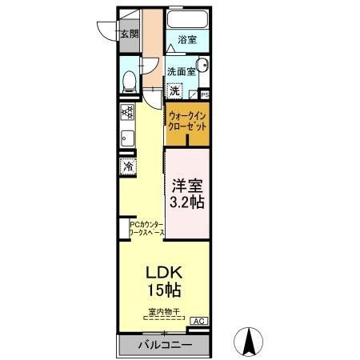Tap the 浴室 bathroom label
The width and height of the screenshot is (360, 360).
coord(186,38)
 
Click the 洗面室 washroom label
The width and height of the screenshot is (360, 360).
coord(181,70)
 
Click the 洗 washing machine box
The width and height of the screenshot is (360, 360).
coord(174,90)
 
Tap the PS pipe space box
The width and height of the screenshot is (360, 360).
coord(205,94)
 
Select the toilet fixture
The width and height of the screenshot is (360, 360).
coord(130,81)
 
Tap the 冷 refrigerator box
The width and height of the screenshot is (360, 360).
coord(128,166)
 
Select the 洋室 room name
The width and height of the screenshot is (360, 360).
coord(188,182)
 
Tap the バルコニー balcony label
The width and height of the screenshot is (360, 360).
coord(162,346)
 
